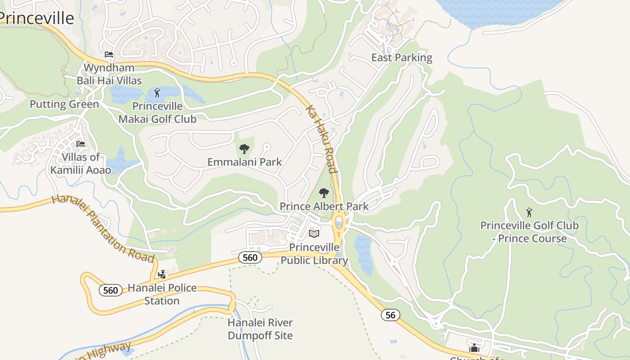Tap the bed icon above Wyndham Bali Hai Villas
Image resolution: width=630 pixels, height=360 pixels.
pos(108,54)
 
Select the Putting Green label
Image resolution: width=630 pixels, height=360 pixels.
pos(64,104)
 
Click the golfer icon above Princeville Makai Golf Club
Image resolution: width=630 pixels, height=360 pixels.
pos(157,93)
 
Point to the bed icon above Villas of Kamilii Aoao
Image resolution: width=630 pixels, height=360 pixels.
pos(81,144)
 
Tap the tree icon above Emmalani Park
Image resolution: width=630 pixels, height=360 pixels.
pos(244,148)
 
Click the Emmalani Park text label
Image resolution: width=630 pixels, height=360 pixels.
pos(244,162)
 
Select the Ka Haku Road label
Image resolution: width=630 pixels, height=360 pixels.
pos(321,139)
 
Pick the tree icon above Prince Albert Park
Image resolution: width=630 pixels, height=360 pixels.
pos(324,193)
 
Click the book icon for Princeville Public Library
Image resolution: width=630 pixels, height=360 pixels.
pos(314,234)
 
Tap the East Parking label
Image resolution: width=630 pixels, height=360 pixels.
pos(401,58)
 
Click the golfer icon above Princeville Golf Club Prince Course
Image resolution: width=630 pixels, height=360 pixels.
pos(529,212)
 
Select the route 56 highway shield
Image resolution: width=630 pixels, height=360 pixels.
pos(390,315)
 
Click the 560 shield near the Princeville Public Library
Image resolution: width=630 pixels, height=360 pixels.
pos(250,257)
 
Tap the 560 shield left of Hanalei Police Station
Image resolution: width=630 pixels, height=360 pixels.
pos(110,290)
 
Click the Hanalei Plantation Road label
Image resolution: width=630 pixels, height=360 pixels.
pos(103,229)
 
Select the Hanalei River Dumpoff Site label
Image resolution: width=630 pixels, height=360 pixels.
pos(260,329)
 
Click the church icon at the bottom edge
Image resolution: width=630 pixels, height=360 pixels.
pos(474,348)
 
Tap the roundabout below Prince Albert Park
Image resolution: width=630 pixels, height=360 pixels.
pos(339,223)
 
